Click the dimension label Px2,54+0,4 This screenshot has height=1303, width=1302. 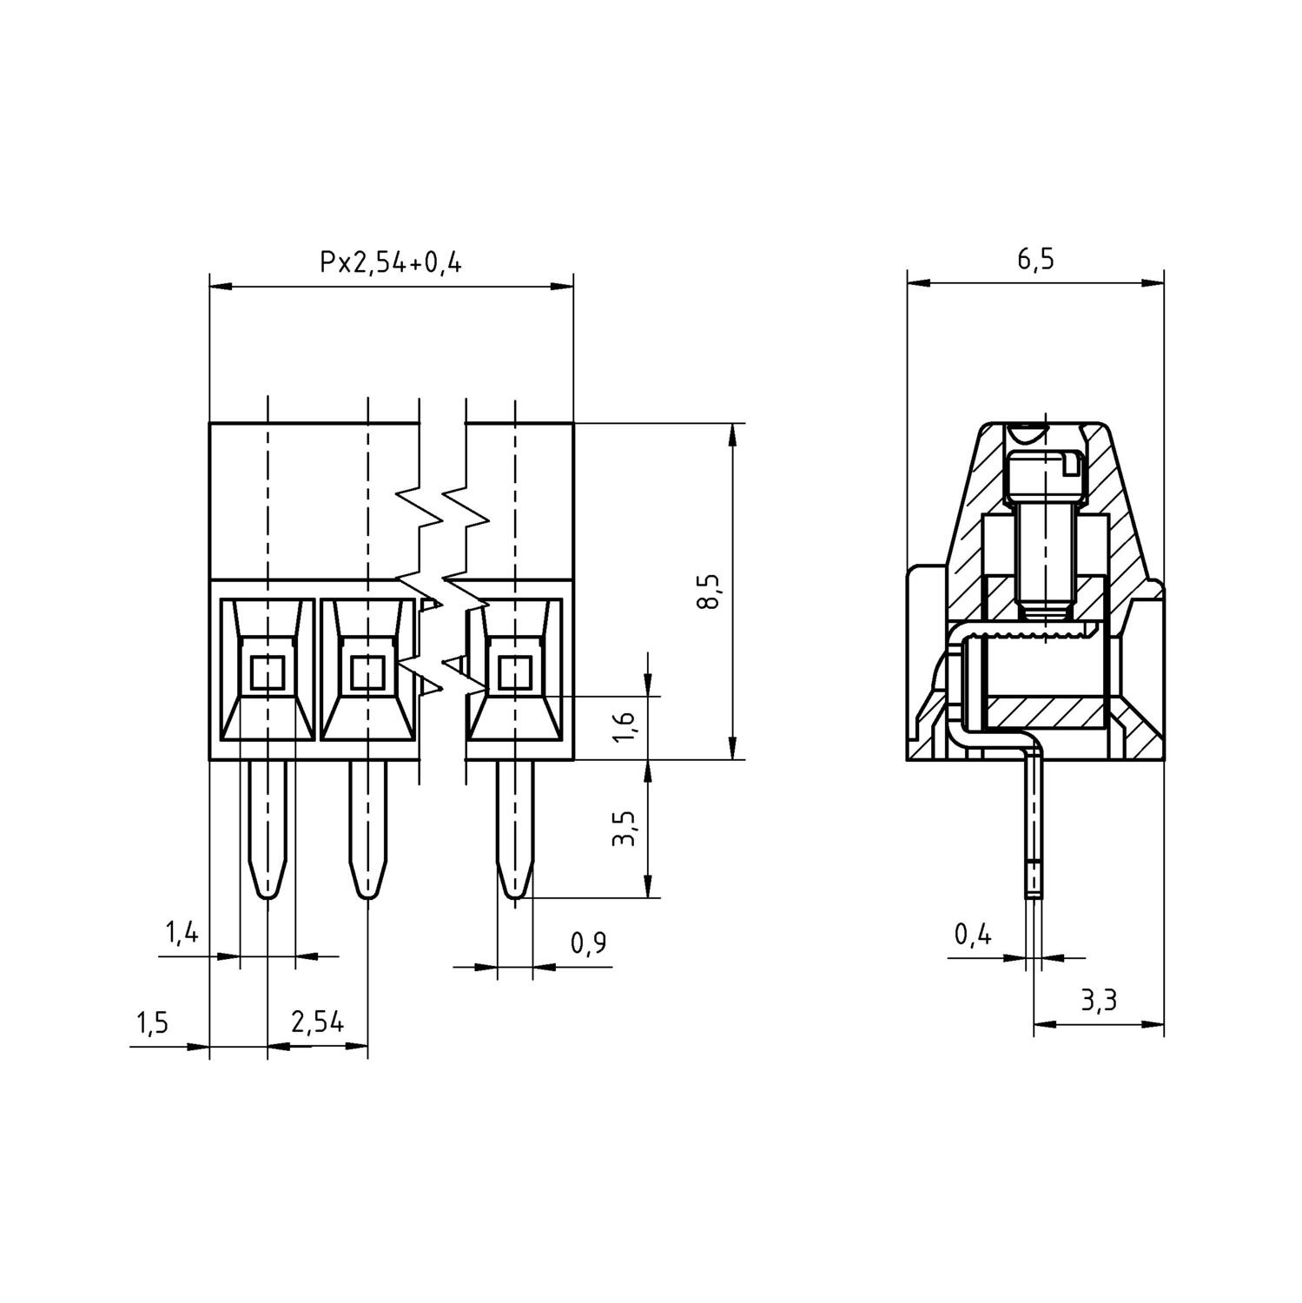click(x=390, y=261)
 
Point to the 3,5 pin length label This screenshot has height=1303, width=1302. click(x=625, y=828)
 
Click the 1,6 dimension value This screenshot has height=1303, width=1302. click(x=625, y=726)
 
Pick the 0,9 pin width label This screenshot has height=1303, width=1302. click(x=588, y=943)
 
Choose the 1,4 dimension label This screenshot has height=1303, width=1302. click(x=182, y=934)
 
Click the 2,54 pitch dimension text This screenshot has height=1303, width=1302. click(x=317, y=1023)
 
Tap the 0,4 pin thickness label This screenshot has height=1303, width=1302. click(x=973, y=935)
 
